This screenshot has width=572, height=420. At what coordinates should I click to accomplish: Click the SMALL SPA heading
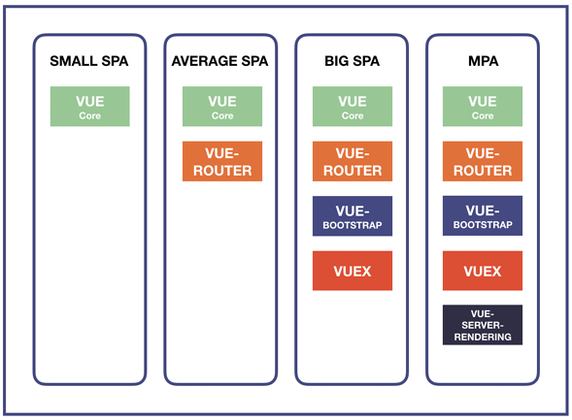click(x=89, y=61)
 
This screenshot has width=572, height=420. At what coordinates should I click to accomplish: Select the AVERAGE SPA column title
click(x=220, y=61)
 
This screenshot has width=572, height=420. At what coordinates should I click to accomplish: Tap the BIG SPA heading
click(x=352, y=61)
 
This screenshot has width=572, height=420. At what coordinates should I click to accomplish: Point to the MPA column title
click(x=483, y=61)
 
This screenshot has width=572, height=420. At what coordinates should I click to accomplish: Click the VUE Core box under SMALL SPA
click(x=90, y=107)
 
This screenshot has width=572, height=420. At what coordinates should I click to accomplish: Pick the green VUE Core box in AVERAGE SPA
click(x=222, y=107)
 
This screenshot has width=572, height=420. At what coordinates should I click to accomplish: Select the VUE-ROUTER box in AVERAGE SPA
click(x=222, y=161)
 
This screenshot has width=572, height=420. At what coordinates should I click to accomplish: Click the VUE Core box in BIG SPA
click(x=353, y=107)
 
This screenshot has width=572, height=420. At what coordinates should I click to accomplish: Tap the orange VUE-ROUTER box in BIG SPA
click(x=353, y=161)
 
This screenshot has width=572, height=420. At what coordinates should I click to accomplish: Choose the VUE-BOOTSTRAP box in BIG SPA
click(x=353, y=216)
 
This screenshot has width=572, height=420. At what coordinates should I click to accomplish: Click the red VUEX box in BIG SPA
click(x=353, y=271)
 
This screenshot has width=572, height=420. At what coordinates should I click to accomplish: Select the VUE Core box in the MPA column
click(x=483, y=107)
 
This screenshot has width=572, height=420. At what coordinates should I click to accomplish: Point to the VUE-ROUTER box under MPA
click(x=483, y=161)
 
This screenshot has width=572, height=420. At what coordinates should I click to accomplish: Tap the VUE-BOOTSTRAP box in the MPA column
click(x=483, y=215)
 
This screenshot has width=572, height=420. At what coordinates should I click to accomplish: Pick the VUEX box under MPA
click(x=483, y=271)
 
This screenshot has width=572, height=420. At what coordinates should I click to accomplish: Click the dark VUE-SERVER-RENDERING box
click(x=483, y=325)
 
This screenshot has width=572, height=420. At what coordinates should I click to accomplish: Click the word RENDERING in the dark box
click(x=483, y=337)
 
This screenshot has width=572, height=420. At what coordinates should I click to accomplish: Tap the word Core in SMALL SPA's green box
click(x=90, y=115)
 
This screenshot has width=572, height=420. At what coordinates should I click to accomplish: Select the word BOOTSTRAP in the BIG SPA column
click(x=353, y=225)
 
